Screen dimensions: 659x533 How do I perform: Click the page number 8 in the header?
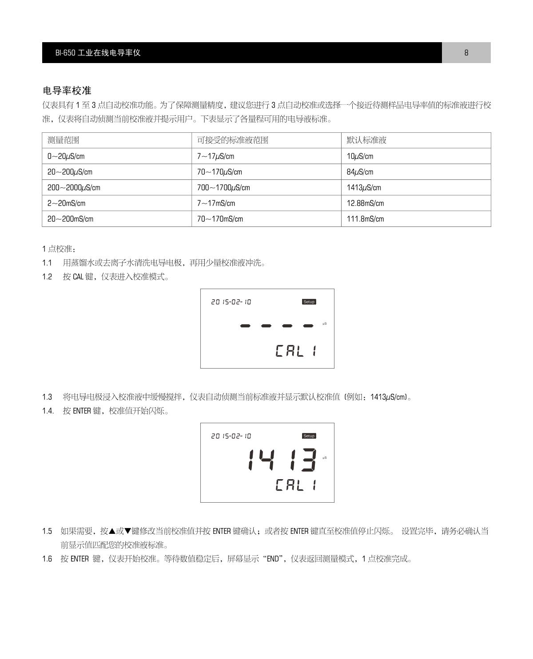(466, 52)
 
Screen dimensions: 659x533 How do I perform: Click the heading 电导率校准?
(67, 91)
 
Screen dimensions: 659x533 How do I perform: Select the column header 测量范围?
(64, 140)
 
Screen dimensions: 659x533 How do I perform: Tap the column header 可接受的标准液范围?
(233, 140)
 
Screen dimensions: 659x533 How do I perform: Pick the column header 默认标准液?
(366, 140)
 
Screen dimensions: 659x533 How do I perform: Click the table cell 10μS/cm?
(360, 156)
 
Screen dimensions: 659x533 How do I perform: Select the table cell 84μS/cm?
(360, 172)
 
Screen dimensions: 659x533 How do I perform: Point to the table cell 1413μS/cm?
(364, 187)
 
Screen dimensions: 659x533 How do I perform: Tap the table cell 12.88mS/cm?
(365, 203)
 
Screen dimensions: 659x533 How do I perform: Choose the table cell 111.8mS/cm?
(365, 219)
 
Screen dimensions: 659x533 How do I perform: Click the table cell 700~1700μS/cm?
(223, 187)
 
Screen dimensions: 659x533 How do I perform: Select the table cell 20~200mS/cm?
(70, 219)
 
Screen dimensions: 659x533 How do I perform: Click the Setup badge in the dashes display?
(309, 302)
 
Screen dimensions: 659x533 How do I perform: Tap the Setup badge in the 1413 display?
(309, 436)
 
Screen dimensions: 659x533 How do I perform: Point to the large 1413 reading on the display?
(282, 460)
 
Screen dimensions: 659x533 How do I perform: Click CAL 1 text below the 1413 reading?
(296, 485)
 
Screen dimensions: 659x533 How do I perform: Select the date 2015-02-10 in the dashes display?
(231, 302)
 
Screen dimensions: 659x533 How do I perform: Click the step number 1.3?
(47, 397)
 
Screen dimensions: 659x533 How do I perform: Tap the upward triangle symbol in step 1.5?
(112, 531)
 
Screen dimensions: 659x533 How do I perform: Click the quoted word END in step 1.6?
(272, 559)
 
